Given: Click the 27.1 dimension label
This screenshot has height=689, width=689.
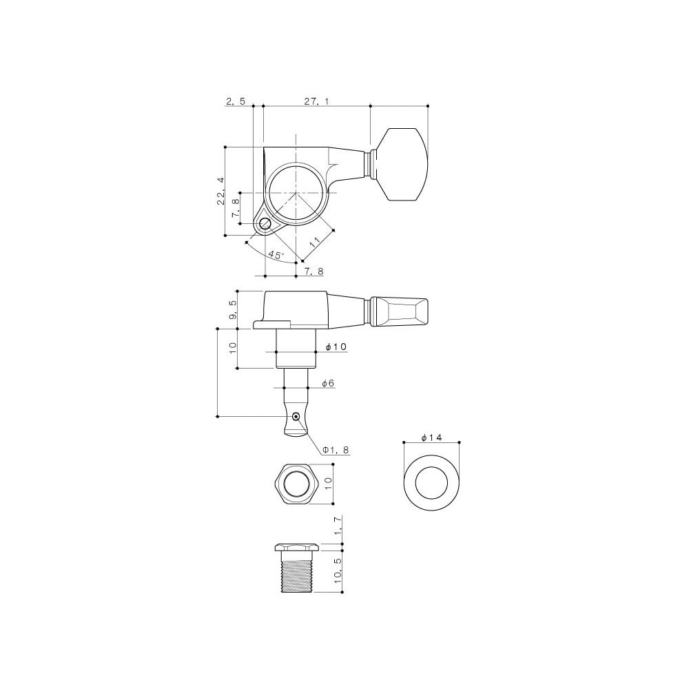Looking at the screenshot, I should (x=316, y=101).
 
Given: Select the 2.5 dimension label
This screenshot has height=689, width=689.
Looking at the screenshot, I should (x=235, y=101).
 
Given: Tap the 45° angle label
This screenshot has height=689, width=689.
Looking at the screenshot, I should (x=276, y=255).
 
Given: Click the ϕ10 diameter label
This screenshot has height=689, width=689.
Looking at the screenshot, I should (x=335, y=347).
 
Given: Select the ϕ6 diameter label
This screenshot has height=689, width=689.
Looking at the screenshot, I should (x=327, y=382).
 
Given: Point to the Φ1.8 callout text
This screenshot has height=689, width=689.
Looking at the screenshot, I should (x=336, y=449).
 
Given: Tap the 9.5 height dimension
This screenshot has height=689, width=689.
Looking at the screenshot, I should (x=233, y=309).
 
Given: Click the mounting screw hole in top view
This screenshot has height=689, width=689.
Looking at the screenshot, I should (x=265, y=223).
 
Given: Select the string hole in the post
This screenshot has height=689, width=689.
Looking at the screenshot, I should (x=296, y=416).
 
